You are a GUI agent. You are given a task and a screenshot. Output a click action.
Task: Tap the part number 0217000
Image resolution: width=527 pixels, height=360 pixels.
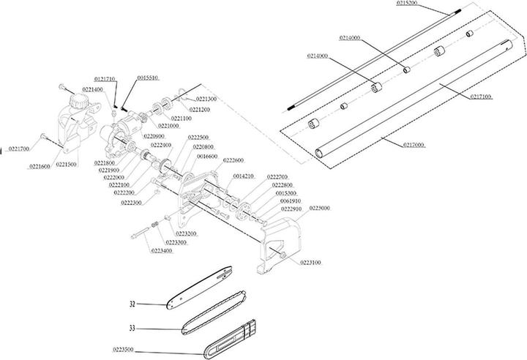pyautogui.click(x=416, y=145)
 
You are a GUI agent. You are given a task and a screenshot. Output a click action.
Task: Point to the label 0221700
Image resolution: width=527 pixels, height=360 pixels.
pyautogui.click(x=15, y=149)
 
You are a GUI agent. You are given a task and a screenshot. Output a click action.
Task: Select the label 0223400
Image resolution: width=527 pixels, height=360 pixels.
pyautogui.click(x=162, y=250)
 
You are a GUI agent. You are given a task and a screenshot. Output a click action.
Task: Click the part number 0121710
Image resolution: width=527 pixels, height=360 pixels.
pyautogui.click(x=106, y=77)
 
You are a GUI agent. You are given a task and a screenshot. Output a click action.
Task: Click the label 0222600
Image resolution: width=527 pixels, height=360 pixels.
pyautogui.click(x=234, y=160)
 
